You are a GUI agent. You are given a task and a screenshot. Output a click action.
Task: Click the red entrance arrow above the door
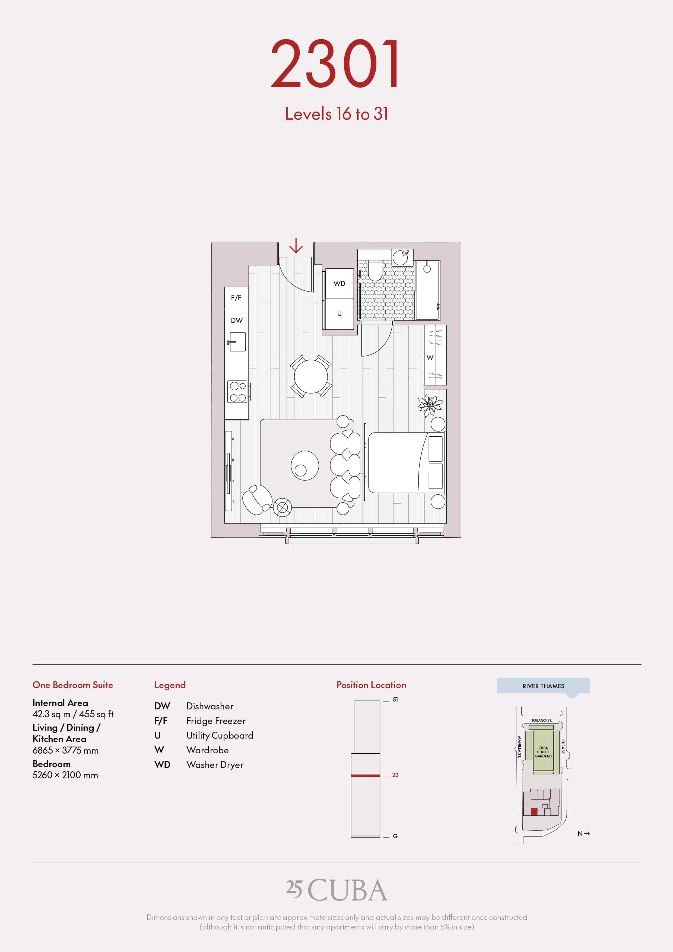296,246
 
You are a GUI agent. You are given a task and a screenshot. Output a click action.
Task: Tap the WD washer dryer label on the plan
339,284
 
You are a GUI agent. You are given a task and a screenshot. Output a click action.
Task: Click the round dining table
310,376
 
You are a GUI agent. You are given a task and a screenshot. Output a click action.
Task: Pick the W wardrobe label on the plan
430,357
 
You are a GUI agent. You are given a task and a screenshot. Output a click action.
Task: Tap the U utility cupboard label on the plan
339,313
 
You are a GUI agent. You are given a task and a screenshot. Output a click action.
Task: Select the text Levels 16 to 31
336,114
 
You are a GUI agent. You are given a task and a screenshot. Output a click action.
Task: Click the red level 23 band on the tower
365,775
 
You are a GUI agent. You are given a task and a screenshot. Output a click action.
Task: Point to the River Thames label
543,686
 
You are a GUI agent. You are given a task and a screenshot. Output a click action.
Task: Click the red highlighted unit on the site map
534,811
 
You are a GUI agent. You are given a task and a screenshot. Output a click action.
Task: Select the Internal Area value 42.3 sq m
51,714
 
